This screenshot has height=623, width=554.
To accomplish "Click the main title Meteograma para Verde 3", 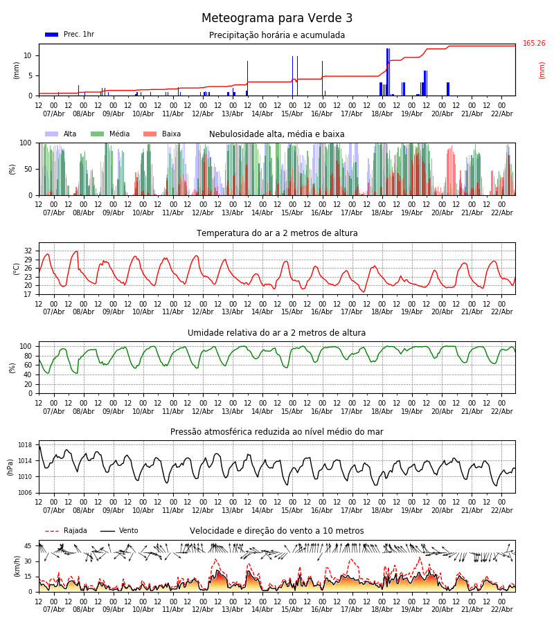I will (277, 19).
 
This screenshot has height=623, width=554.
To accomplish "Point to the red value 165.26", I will (534, 44).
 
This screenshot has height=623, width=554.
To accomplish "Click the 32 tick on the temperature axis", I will (28, 251).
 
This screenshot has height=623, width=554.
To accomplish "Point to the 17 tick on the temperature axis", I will (28, 294).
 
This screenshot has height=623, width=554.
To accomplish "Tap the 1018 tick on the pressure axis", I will (25, 445).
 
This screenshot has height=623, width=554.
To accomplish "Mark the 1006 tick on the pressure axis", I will (25, 493).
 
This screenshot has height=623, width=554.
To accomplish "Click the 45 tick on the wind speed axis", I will (28, 546).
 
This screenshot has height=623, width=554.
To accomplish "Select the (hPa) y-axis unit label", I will (10, 467).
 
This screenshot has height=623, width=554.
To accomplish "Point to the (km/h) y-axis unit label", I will (17, 566).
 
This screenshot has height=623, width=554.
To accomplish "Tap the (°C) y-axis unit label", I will (17, 268).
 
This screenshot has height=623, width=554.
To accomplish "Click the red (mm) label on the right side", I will (542, 70).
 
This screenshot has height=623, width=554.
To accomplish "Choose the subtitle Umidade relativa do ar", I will (277, 333).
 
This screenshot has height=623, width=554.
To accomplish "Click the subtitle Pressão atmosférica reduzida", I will (277, 432).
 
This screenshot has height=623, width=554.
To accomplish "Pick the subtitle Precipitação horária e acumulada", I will (277, 35).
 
